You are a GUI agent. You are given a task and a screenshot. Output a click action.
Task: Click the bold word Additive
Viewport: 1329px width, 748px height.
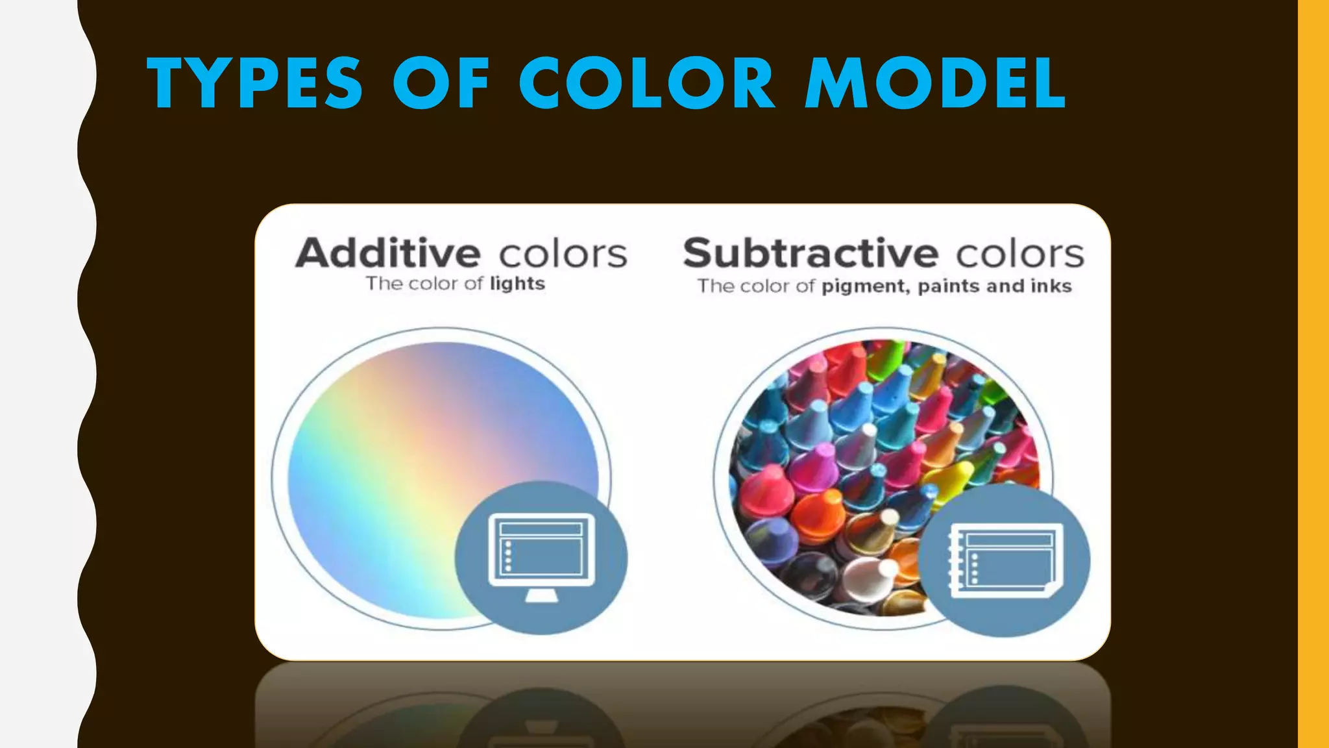[388, 253]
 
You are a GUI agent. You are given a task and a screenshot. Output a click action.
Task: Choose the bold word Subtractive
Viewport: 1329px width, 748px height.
[811, 253]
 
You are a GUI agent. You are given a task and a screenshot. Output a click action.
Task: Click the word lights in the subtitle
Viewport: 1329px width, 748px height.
[517, 284]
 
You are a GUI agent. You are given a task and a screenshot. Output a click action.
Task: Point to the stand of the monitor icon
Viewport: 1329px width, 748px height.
[541, 595]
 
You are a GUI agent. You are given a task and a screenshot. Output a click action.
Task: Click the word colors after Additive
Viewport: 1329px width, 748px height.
[563, 253]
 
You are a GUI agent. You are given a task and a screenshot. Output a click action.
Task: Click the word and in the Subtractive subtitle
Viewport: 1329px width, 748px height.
[1005, 286]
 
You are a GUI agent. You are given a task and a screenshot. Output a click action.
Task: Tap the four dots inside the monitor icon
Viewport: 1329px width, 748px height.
[508, 556]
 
